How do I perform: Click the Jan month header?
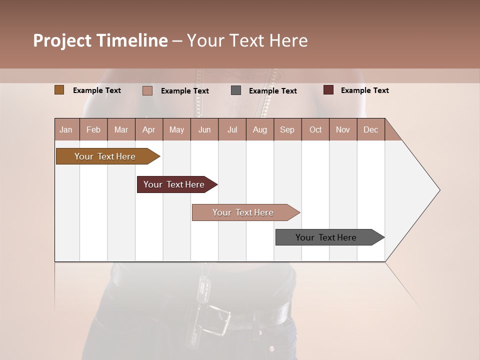(66, 129)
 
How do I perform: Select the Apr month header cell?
(149, 129)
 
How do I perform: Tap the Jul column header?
(232, 129)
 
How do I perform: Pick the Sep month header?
(287, 129)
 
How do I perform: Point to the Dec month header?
(370, 129)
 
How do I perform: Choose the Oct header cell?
(315, 129)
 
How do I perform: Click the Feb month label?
(93, 129)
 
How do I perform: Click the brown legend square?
(59, 90)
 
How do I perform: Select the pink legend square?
(147, 90)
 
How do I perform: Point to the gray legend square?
(236, 90)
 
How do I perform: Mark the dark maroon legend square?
(328, 90)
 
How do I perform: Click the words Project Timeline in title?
(100, 40)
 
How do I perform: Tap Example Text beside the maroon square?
(364, 90)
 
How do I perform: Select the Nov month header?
(343, 129)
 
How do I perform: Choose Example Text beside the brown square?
(97, 90)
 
